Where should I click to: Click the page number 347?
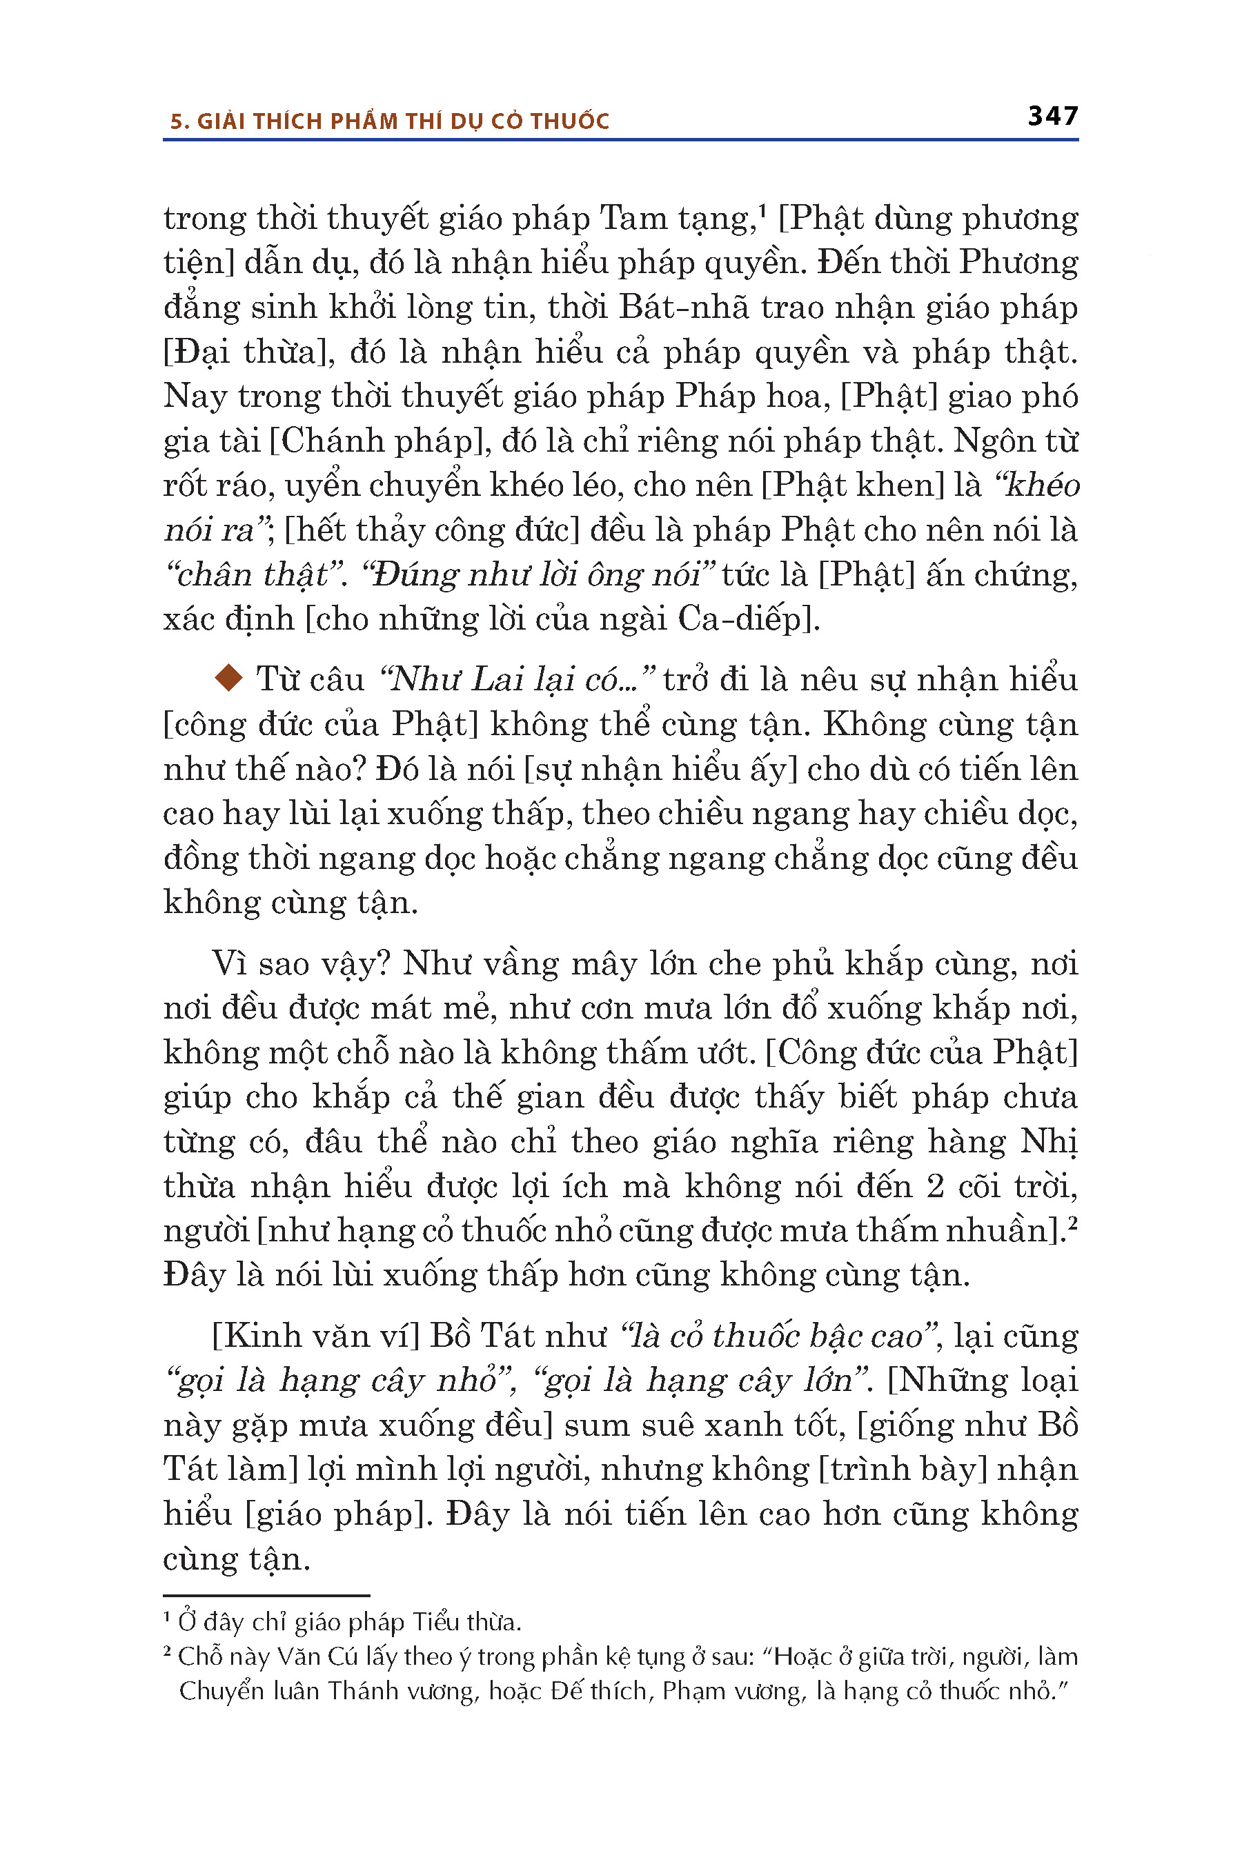point(1053,117)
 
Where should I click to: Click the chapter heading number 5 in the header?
point(177,122)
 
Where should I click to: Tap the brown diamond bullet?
point(229,679)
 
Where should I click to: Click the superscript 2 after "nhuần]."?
point(1072,1223)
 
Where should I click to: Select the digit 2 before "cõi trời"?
point(936,1187)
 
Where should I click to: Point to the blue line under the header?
point(620,140)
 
